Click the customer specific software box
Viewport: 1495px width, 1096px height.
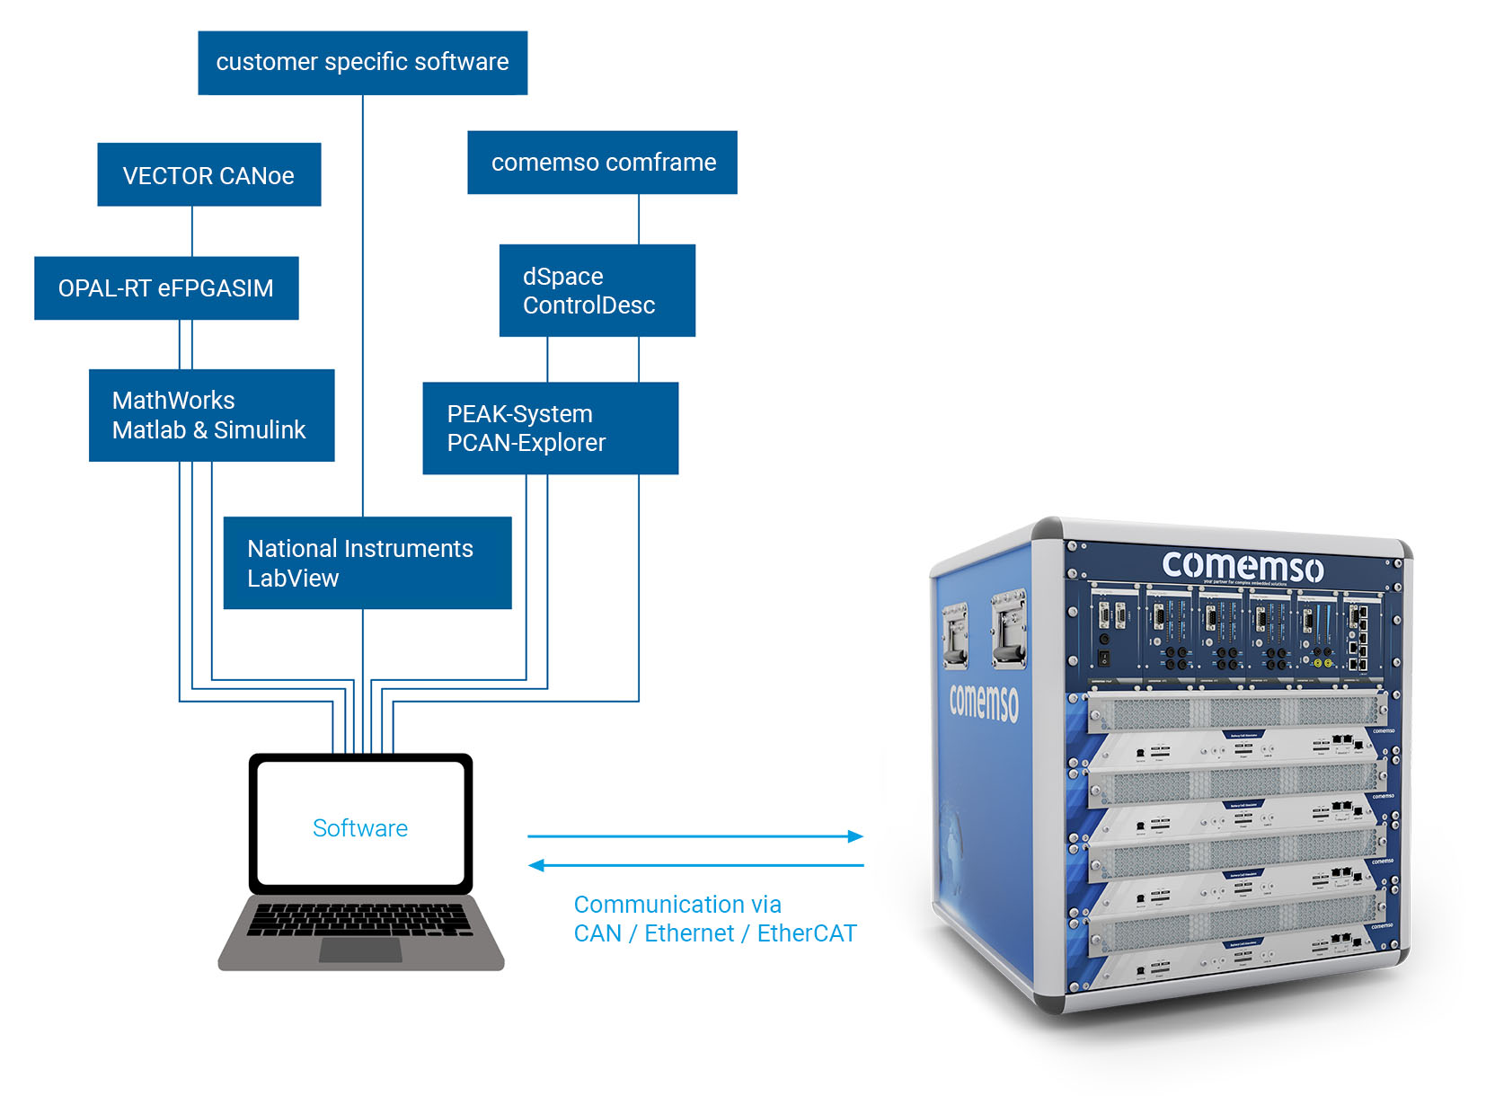362,62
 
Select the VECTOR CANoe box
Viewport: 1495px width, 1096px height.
208,174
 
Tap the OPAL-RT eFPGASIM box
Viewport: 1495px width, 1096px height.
166,287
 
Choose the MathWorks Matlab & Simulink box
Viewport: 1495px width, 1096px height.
211,415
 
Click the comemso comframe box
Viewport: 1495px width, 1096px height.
602,162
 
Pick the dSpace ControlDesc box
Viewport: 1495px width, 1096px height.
597,290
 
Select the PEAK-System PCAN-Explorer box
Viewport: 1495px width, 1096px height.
550,428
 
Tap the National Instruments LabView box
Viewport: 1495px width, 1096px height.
367,562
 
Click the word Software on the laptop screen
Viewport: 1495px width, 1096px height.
359,827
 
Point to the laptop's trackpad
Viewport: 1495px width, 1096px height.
360,949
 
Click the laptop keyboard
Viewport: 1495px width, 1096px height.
359,918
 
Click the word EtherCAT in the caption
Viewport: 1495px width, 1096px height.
806,933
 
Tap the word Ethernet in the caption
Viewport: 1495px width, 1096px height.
689,933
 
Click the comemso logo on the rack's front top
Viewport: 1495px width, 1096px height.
1242,566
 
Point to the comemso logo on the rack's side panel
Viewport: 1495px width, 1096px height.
984,702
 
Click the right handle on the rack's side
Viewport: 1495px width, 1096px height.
1008,629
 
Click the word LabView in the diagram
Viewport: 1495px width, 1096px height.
293,578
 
